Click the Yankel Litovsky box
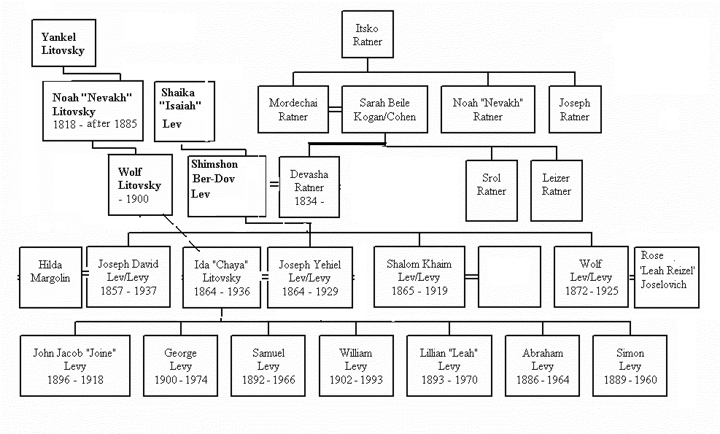63,43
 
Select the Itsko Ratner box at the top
368,34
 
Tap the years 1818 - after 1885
95,124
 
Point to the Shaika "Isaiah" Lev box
185,111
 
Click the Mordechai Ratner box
293,109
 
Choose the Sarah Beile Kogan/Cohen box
384,109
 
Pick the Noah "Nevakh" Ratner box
487,109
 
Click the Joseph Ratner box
575,109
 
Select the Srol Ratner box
492,190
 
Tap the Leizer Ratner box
557,190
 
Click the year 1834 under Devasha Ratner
306,201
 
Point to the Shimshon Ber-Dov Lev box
227,186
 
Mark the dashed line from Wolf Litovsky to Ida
182,233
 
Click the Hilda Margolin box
50,277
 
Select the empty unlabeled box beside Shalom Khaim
509,277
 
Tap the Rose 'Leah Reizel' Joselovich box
667,277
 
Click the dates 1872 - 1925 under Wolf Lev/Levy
592,291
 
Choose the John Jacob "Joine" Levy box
75,365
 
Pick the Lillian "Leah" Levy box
449,365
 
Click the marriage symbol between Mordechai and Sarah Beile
336,109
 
